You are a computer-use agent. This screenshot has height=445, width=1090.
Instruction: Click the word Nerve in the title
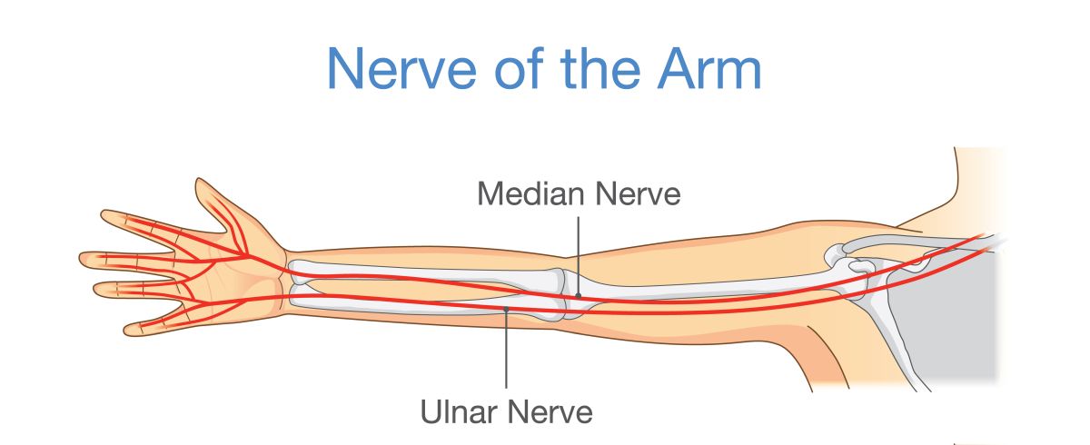(x=401, y=69)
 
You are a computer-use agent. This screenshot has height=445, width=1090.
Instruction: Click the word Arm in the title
(x=709, y=69)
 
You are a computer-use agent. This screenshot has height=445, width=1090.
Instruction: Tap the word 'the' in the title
(x=600, y=69)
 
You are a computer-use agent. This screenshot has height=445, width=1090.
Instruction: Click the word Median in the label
(x=530, y=193)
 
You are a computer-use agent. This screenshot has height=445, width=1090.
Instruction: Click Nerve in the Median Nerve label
(x=638, y=193)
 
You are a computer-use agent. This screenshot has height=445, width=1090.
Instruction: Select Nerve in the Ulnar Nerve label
(x=550, y=412)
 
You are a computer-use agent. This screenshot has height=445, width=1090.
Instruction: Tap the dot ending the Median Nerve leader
(x=579, y=295)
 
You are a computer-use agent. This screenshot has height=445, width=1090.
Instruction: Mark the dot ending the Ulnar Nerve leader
(x=506, y=309)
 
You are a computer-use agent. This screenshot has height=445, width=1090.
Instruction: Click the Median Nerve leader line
(x=579, y=255)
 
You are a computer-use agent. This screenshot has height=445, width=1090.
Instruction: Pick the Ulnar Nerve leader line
(x=506, y=349)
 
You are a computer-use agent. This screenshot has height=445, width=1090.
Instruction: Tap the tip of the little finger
(x=126, y=331)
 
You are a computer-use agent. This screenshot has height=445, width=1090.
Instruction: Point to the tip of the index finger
(x=104, y=214)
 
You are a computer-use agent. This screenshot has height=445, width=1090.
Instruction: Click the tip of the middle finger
(x=82, y=258)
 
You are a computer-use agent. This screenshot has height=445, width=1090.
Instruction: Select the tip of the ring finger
(x=96, y=290)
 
